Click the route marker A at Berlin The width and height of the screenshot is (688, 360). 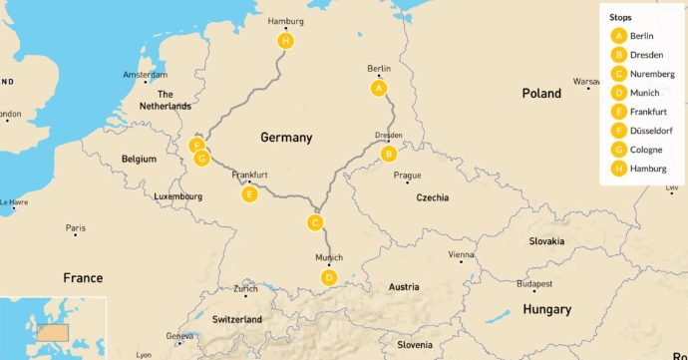[378, 89]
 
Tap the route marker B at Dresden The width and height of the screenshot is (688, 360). [389, 154]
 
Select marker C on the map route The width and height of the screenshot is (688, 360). [315, 222]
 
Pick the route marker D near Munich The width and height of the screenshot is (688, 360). [329, 277]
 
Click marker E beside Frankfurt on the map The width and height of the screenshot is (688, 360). [250, 193]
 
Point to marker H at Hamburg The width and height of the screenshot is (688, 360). [286, 41]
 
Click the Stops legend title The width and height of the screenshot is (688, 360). [620, 17]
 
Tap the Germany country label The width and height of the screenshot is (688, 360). [286, 138]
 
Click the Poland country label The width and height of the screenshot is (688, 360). [541, 93]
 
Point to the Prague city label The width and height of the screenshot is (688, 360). [407, 176]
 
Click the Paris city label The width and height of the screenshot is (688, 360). [75, 228]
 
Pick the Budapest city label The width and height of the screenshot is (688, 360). [548, 283]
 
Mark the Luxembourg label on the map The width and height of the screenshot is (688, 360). [178, 196]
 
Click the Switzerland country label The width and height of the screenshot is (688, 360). [237, 319]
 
